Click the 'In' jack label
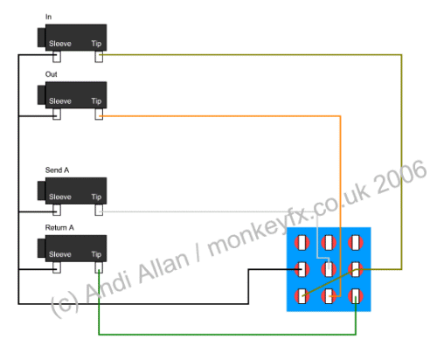click(x=48, y=17)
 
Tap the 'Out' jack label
click(x=51, y=74)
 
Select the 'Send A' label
click(x=57, y=170)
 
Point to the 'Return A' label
click(x=59, y=227)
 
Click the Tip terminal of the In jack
click(x=99, y=57)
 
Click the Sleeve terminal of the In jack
click(x=57, y=57)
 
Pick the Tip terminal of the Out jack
click(x=99, y=114)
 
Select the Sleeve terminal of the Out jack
click(x=57, y=114)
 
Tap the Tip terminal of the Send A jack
click(x=99, y=210)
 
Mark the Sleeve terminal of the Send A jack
click(x=57, y=210)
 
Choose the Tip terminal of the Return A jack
click(x=99, y=267)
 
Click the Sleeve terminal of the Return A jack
click(x=57, y=267)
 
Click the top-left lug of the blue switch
click(x=302, y=243)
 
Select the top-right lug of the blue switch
click(x=356, y=243)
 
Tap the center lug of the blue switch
click(x=329, y=269)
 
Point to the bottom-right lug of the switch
click(x=356, y=296)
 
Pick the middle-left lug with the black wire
click(x=302, y=269)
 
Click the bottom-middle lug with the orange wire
click(x=329, y=296)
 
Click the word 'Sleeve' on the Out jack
click(x=60, y=101)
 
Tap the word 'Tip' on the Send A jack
click(x=96, y=197)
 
